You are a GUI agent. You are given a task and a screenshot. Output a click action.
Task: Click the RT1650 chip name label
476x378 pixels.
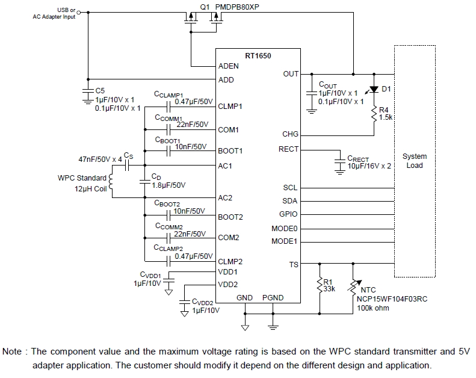[258, 56]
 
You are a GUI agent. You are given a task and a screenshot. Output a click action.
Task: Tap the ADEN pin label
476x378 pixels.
[229, 66]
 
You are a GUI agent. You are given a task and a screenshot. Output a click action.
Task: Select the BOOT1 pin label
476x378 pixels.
[230, 150]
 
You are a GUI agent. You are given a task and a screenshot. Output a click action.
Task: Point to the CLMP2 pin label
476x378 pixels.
[230, 261]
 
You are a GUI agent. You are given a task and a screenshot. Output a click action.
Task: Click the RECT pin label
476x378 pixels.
[288, 149]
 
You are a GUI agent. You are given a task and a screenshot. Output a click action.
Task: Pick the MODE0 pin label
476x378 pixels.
[285, 228]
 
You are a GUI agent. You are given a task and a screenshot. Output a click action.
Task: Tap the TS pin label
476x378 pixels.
[293, 264]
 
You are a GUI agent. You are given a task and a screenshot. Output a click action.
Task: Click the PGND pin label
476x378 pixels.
[273, 298]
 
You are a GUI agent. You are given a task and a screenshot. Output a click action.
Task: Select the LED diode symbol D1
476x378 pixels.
[374, 90]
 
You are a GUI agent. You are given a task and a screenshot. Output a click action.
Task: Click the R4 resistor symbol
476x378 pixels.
[374, 113]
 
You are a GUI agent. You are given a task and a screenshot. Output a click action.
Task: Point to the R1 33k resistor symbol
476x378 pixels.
[320, 284]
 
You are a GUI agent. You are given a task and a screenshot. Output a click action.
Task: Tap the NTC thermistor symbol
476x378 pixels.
[353, 286]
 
